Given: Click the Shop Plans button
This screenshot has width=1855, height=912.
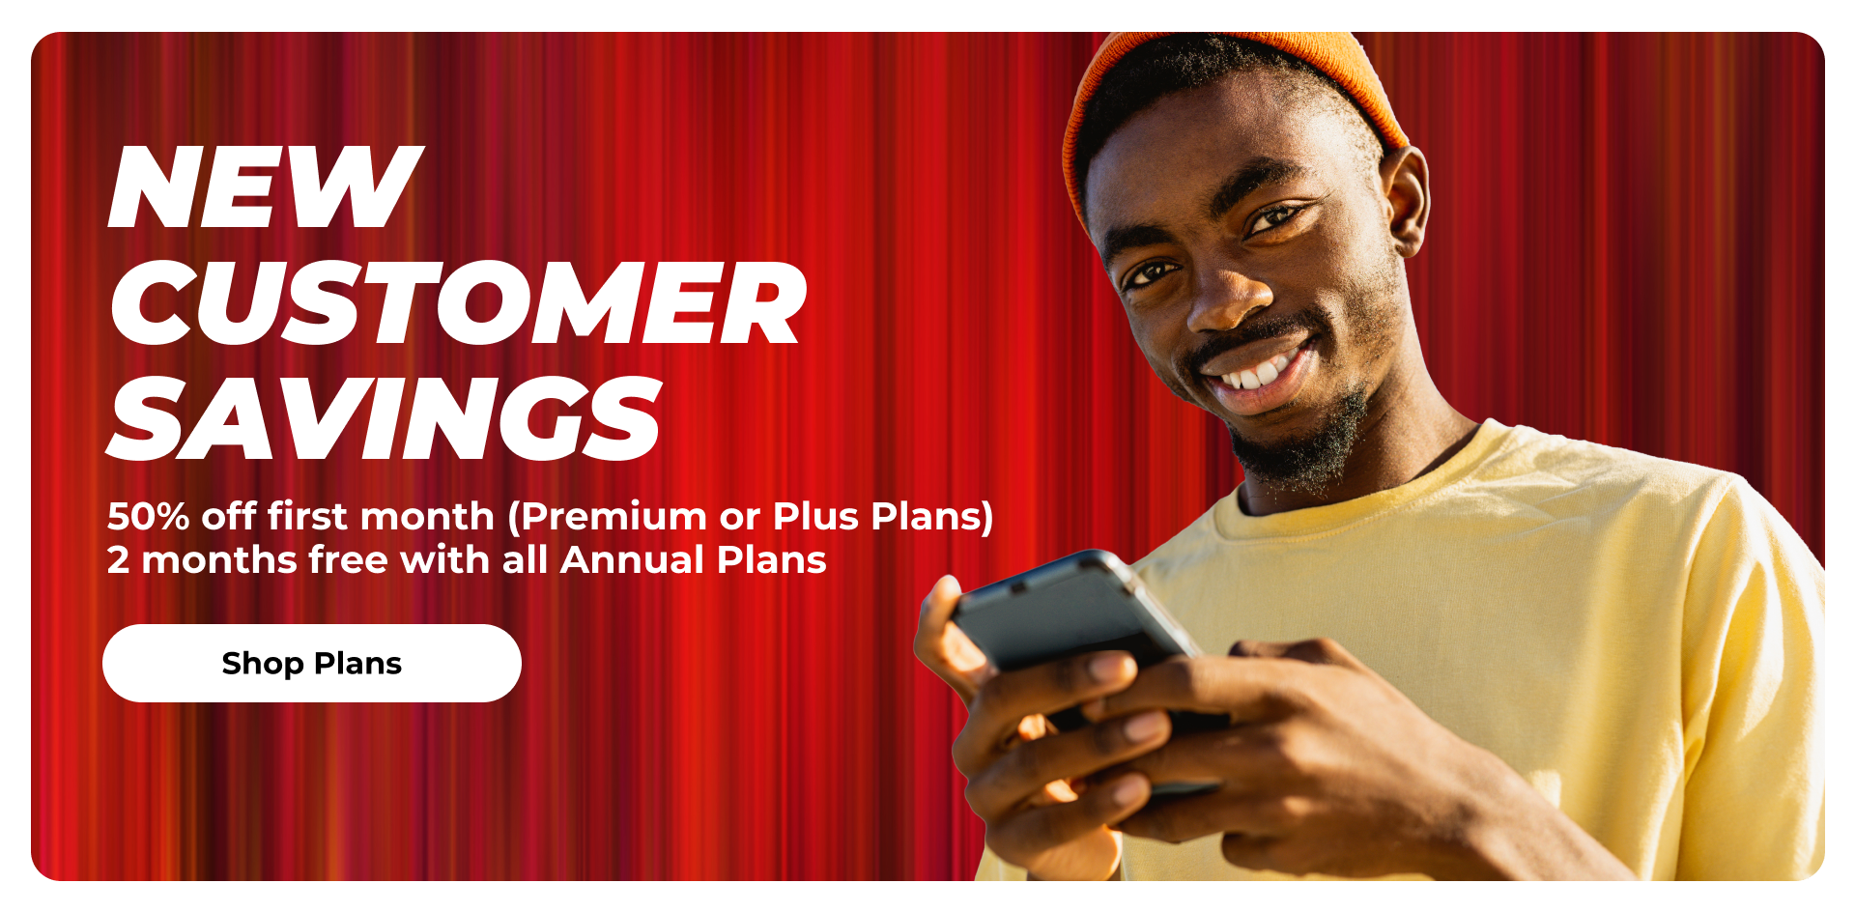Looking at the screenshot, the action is [312, 663].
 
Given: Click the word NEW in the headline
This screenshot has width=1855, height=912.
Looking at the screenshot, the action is [266, 187].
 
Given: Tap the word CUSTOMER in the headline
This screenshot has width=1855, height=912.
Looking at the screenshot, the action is [457, 303].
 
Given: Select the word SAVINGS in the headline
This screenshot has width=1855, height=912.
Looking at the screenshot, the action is [385, 418].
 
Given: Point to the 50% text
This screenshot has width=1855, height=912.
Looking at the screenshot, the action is [148, 517].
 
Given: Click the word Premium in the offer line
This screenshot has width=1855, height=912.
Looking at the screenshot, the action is [614, 517].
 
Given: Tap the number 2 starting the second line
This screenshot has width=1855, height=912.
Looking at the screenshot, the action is [118, 560].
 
